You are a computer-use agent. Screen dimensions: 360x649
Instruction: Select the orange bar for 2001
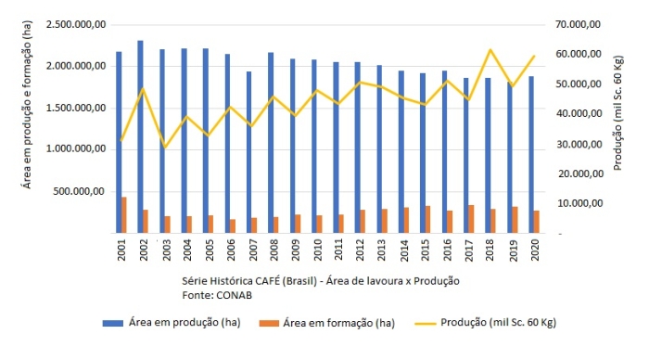coord(124,214)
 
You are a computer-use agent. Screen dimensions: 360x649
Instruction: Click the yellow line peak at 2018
coord(490,50)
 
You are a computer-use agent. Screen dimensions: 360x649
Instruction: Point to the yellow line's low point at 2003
coord(166,148)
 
